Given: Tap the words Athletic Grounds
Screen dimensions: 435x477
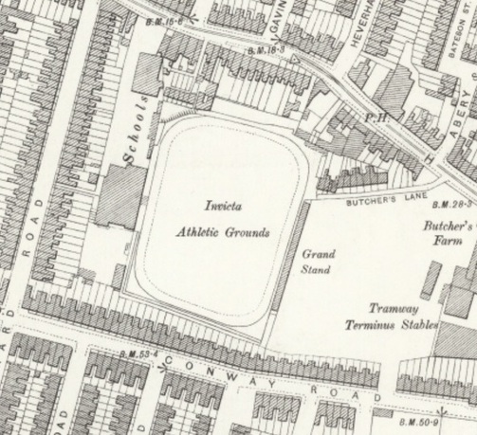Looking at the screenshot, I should [x=223, y=231].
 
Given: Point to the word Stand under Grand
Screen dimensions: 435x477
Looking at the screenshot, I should [x=317, y=270].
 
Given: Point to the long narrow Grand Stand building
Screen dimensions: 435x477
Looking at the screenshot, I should [x=288, y=256].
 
